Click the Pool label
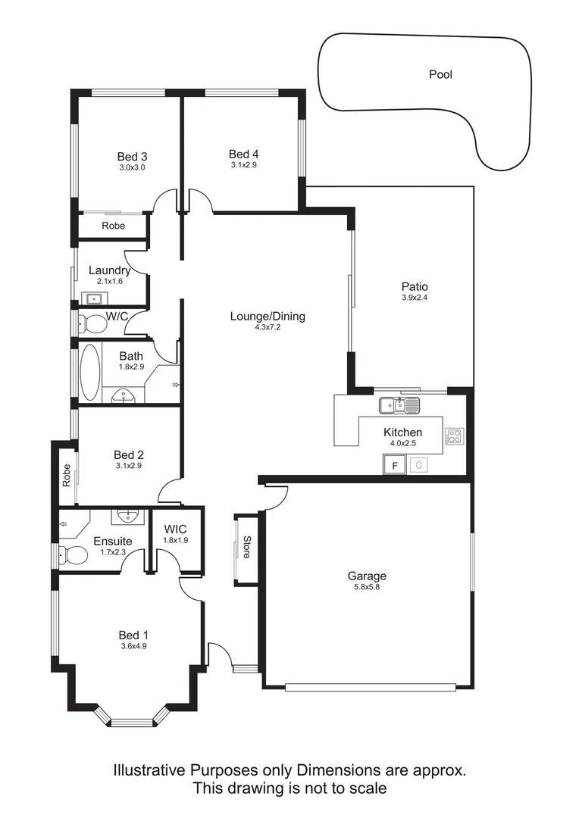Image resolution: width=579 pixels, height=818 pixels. [440, 74]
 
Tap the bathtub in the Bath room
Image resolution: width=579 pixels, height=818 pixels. [89, 373]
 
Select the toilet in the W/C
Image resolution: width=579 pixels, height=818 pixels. [93, 324]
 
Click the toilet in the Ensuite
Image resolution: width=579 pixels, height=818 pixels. [74, 556]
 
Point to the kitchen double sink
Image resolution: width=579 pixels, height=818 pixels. [399, 406]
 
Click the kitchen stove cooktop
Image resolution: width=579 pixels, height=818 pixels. [455, 436]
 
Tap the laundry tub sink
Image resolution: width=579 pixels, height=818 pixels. [94, 298]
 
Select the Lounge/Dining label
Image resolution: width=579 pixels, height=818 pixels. [268, 317]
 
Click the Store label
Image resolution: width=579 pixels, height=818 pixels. [246, 548]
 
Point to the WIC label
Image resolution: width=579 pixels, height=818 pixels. [174, 529]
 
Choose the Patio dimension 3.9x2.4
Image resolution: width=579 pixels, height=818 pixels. [415, 298]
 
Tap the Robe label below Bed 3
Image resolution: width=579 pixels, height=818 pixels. [114, 226]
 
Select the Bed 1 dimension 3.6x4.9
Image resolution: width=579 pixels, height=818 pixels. [133, 646]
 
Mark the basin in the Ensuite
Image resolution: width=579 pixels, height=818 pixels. [127, 517]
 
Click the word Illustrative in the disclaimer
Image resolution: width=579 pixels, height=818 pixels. [148, 770]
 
